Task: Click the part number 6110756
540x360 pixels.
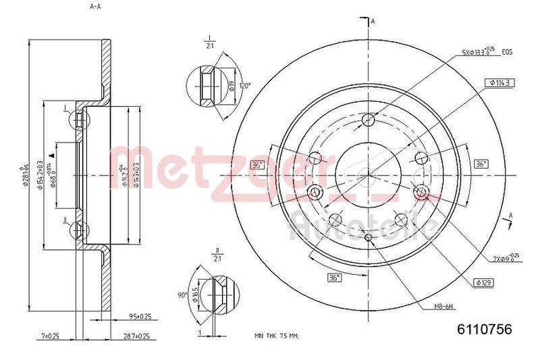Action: click(485, 329)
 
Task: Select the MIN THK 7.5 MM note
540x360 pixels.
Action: click(276, 336)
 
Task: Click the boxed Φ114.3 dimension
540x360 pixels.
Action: click(497, 82)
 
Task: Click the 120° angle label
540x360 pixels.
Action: click(244, 86)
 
